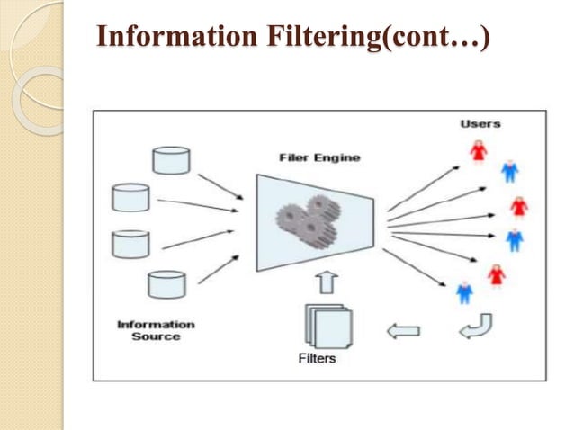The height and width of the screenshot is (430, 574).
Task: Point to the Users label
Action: (480, 123)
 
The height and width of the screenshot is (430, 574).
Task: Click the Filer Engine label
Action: (319, 158)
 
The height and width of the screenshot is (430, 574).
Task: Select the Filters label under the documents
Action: (317, 358)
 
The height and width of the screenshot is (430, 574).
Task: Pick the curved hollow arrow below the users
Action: (475, 326)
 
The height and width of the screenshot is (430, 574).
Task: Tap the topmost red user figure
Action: (479, 151)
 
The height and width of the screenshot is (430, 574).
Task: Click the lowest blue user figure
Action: (464, 291)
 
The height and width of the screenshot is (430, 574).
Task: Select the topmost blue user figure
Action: (509, 170)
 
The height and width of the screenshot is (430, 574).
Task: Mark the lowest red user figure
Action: (495, 274)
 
